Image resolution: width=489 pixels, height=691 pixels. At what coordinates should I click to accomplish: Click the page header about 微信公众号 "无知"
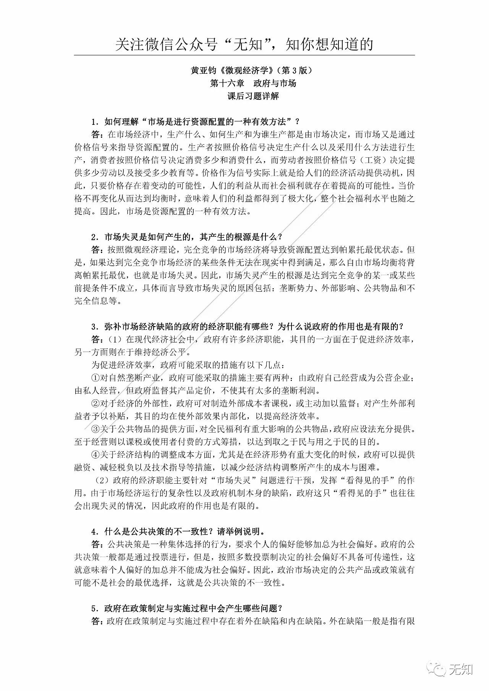click(244, 45)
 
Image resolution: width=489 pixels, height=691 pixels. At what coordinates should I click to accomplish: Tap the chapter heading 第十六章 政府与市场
click(253, 83)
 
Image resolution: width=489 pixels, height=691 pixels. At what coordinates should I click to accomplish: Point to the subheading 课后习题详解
click(253, 96)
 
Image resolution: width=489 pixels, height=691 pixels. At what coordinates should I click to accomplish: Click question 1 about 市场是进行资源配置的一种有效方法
click(195, 122)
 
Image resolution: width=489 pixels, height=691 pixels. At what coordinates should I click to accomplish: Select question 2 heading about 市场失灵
click(187, 237)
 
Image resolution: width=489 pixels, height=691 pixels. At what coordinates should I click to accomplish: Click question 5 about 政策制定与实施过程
click(187, 608)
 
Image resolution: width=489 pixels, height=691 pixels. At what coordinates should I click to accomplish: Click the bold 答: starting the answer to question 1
click(97, 135)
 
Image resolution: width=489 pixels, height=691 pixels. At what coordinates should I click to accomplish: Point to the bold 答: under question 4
click(97, 544)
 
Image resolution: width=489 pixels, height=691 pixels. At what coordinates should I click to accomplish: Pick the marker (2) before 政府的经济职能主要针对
click(100, 480)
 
